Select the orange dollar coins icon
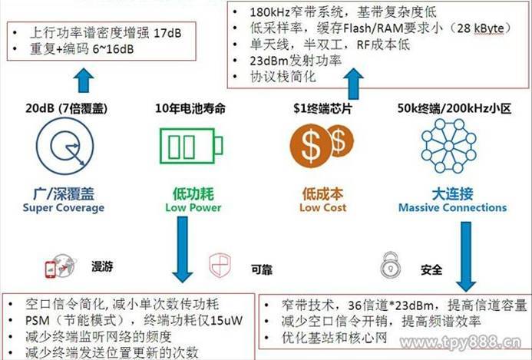(x=320, y=146)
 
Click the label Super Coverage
(x=64, y=207)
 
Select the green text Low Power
(x=193, y=207)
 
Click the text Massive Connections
(x=453, y=207)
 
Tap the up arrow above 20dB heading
(x=85, y=80)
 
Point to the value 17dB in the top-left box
(x=174, y=35)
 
